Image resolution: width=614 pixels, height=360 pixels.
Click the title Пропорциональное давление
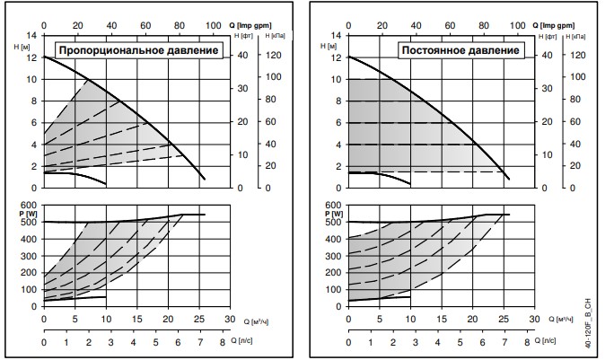point(139,50)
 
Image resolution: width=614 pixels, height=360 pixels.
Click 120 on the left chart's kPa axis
point(275,56)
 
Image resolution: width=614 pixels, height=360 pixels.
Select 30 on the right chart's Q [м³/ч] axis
point(533,317)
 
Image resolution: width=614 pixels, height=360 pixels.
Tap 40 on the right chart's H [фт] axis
point(545,56)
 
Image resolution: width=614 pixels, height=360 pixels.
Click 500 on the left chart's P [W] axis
point(31,222)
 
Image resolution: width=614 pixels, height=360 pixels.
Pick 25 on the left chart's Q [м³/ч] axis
point(198,317)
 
